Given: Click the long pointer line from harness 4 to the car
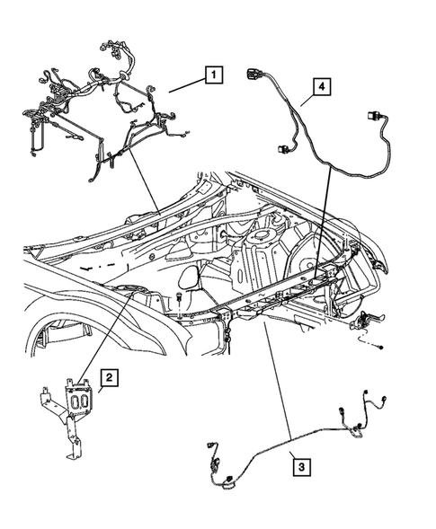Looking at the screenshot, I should [x=325, y=216].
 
